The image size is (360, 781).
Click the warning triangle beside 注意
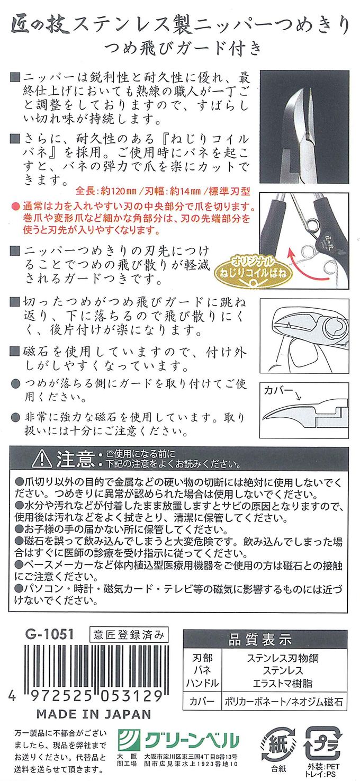42,459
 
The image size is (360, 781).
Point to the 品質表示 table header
265,640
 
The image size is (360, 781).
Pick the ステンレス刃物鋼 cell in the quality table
283,658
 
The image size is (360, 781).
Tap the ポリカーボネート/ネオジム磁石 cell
284,702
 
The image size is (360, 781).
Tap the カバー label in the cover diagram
278,390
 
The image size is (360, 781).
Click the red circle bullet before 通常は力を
15,206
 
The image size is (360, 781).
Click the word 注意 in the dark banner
75,459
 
